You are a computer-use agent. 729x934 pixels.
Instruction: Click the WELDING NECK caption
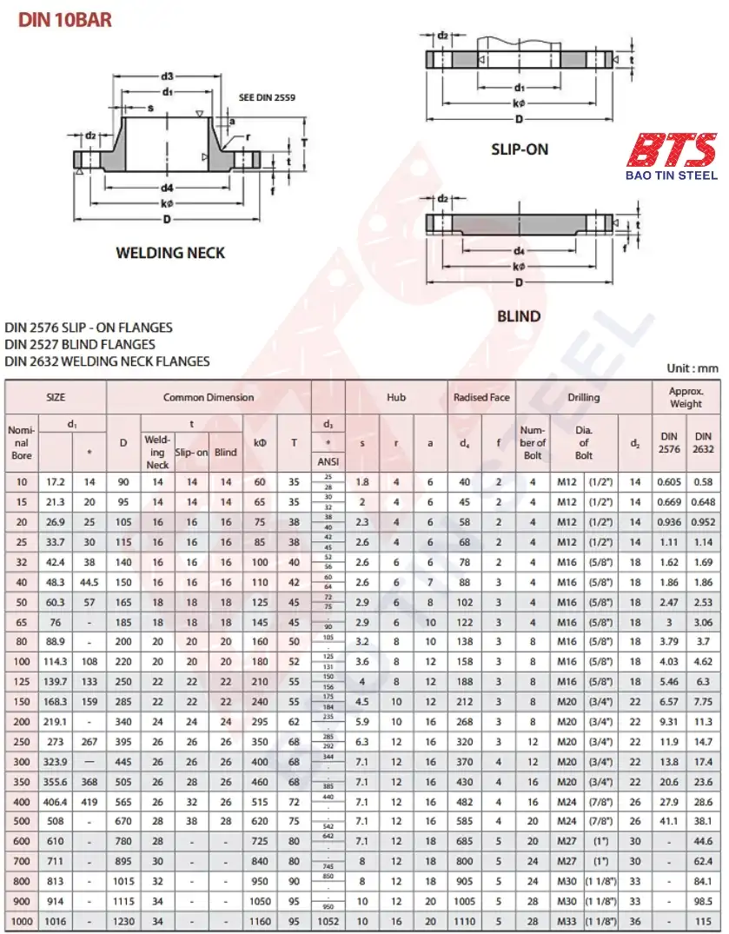(170, 253)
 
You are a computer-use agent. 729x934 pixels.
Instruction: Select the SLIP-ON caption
(520, 149)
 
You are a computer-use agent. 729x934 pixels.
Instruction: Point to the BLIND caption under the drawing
(519, 316)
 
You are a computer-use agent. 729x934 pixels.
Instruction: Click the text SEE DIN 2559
(267, 98)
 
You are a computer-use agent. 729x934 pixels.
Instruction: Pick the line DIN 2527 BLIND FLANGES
(80, 344)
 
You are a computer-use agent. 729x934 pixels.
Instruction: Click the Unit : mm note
(693, 368)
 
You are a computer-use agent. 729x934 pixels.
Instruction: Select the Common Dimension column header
(209, 397)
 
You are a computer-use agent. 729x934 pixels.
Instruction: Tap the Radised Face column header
(481, 397)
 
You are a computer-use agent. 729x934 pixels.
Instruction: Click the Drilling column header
(584, 397)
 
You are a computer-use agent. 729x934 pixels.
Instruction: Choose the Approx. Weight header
(686, 397)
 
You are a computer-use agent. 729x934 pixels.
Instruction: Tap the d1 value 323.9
(56, 761)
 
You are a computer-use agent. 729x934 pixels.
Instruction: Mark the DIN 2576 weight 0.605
(668, 481)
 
